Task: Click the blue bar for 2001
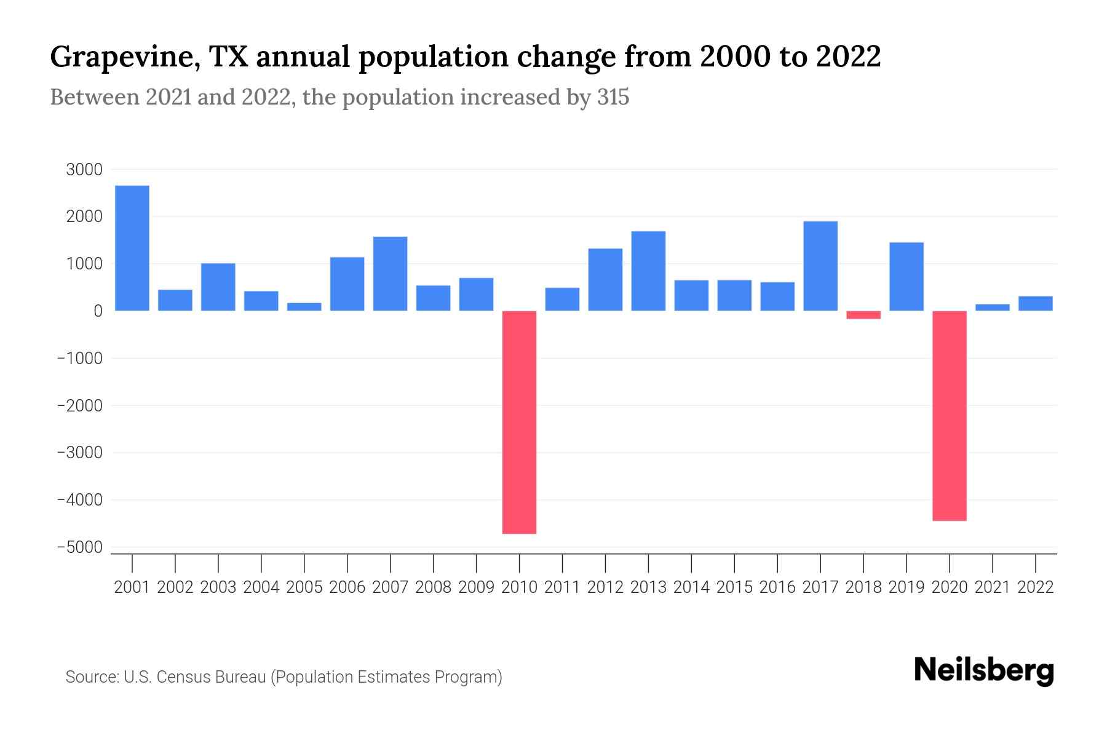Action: [x=132, y=248]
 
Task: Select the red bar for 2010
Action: [x=519, y=422]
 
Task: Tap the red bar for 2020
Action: [x=950, y=416]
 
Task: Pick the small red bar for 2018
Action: [x=863, y=315]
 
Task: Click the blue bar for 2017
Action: [x=820, y=266]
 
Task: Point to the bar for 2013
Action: [x=648, y=271]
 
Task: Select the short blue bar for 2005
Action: [x=304, y=306]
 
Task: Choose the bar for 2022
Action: [x=1036, y=303]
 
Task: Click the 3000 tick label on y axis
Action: [x=84, y=170]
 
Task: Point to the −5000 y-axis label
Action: [x=80, y=547]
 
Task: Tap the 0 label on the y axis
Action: [x=98, y=311]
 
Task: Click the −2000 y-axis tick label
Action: [x=80, y=406]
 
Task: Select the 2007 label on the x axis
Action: [x=391, y=587]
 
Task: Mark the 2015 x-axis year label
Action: [x=734, y=587]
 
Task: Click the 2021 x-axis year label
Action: [x=993, y=587]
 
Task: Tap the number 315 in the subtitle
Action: [x=613, y=97]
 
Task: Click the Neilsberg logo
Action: [x=984, y=670]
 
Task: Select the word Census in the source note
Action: [x=181, y=677]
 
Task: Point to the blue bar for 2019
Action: [x=907, y=277]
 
